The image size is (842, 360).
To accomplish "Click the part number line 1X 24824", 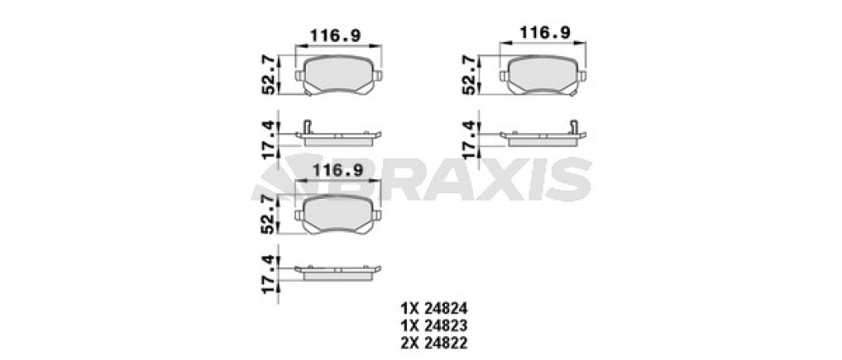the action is coord(434,308).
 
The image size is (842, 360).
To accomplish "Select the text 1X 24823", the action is coord(434,325).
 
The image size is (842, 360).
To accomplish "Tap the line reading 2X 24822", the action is coord(434,342).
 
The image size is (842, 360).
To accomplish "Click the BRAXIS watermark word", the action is coord(422,179).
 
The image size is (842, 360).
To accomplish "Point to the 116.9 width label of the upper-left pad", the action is coord(335,36).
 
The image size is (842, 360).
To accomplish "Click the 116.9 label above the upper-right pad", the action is coord(544,33).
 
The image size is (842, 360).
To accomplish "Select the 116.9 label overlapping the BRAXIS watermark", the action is coord(338,170).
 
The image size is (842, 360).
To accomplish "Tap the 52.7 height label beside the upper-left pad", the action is coord(269,75).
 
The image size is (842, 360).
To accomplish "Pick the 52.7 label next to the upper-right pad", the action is coord(469,75).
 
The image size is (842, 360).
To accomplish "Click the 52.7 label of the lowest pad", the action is coord(269,214).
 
